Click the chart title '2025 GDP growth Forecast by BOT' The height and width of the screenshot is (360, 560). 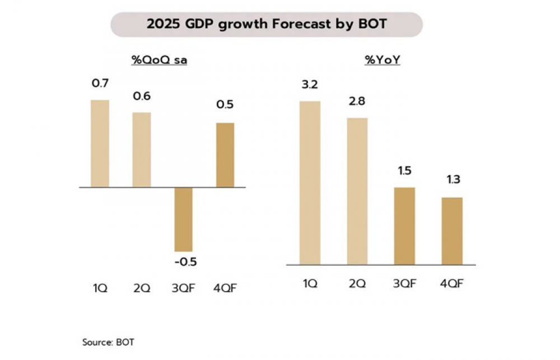[x=267, y=24]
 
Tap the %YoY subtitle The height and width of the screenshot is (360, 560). [x=381, y=60]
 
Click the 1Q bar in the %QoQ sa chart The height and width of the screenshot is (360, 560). [x=100, y=143]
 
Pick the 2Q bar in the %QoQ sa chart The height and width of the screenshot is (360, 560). [x=141, y=149]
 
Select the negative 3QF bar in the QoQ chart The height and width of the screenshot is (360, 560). [x=183, y=219]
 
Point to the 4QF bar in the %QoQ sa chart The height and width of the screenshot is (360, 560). [x=225, y=155]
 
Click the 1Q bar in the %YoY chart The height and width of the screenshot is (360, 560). [x=310, y=183]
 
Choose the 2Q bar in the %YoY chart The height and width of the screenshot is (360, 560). [x=357, y=191]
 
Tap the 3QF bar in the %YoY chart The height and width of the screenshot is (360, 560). [x=404, y=226]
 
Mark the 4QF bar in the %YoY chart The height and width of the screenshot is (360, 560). [x=452, y=231]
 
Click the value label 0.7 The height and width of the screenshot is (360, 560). [x=100, y=84]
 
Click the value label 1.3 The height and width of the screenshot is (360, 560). [x=452, y=181]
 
